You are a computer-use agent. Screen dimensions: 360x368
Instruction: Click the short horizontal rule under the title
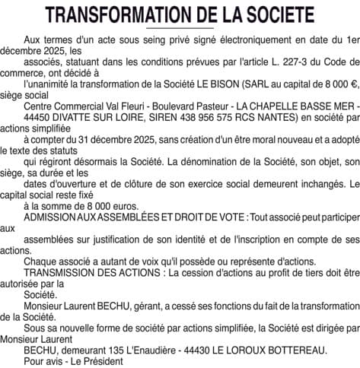click(x=180, y=29)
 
